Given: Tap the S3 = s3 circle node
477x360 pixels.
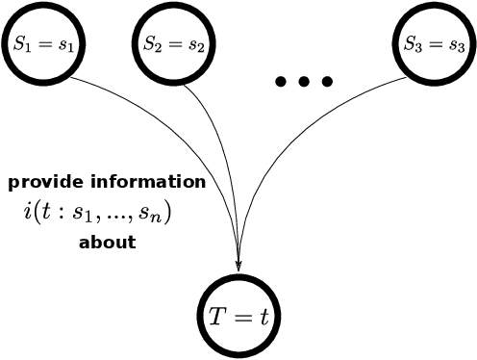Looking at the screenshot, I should tap(432, 44).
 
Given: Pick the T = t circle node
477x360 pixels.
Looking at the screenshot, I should tap(239, 314).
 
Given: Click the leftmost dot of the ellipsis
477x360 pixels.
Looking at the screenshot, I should tap(281, 81).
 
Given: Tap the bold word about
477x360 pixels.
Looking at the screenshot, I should tap(107, 242).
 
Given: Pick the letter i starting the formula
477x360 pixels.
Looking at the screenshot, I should tap(27, 211).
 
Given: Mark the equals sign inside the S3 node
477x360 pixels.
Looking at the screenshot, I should tap(433, 44).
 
